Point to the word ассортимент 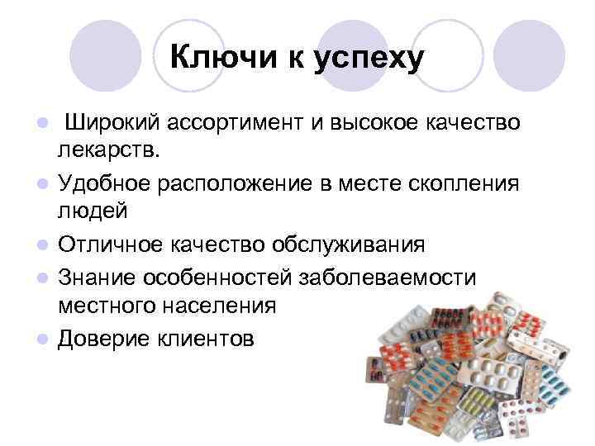pyautogui.click(x=238, y=123)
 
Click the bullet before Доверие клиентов pyautogui.click(x=41, y=338)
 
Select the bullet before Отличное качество pyautogui.click(x=41, y=244)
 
